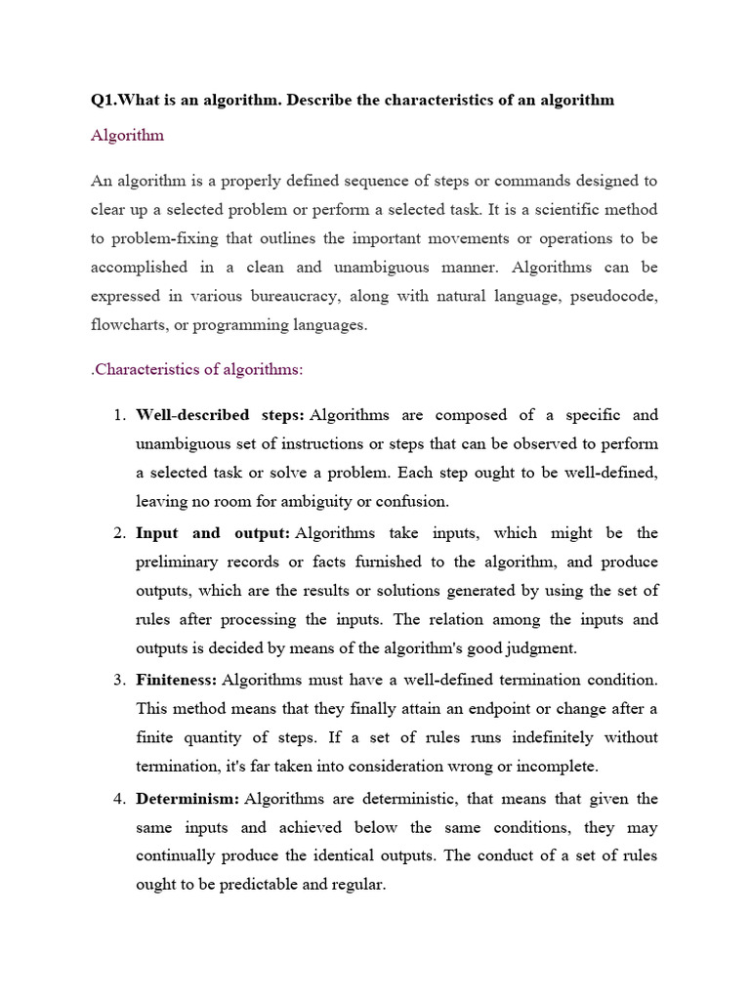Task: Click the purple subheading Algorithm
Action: point(127,136)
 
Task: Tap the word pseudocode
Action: point(613,296)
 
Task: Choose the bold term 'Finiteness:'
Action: point(177,679)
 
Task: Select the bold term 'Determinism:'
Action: point(187,799)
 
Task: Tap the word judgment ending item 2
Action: point(542,647)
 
